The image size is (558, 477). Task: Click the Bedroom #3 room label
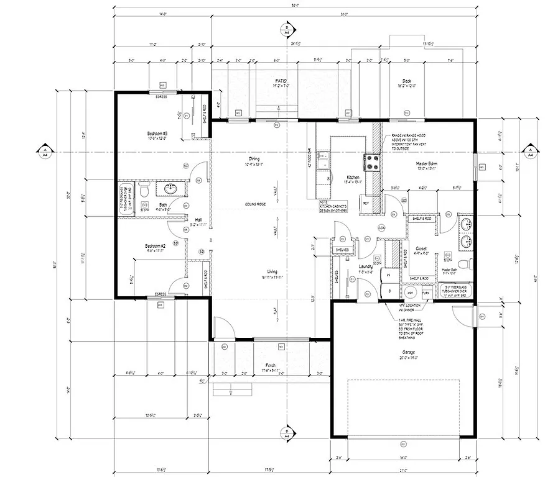(x=156, y=134)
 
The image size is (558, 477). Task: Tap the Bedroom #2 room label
(x=156, y=247)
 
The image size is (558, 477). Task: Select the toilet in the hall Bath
(x=142, y=188)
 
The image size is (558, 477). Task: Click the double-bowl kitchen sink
(x=324, y=161)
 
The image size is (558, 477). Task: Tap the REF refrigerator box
(x=366, y=204)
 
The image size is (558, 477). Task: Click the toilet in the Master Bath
(x=470, y=263)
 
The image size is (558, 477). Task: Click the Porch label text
(x=270, y=365)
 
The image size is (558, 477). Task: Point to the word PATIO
(x=281, y=81)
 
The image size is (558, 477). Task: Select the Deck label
(x=407, y=81)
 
